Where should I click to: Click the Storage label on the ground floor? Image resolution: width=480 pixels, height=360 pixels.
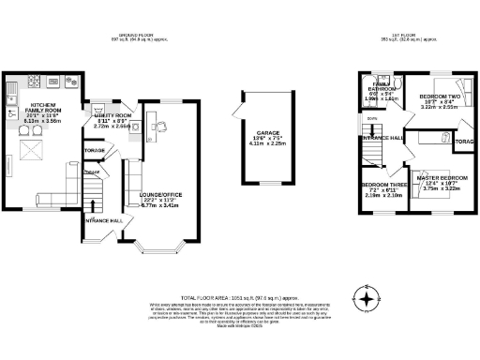94,150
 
